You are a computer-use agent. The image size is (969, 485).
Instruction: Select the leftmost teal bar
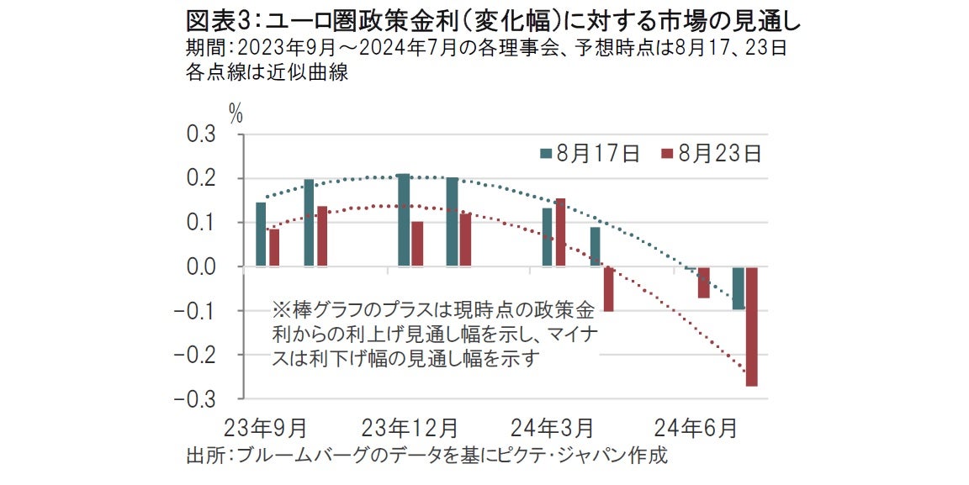261,234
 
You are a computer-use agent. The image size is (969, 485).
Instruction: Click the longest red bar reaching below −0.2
751,326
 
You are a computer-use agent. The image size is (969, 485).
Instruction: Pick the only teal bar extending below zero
738,287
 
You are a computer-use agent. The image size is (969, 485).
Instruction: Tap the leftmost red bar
274,247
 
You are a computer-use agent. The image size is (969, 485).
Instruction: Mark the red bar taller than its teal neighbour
560,232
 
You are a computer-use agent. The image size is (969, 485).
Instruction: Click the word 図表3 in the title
210,17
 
